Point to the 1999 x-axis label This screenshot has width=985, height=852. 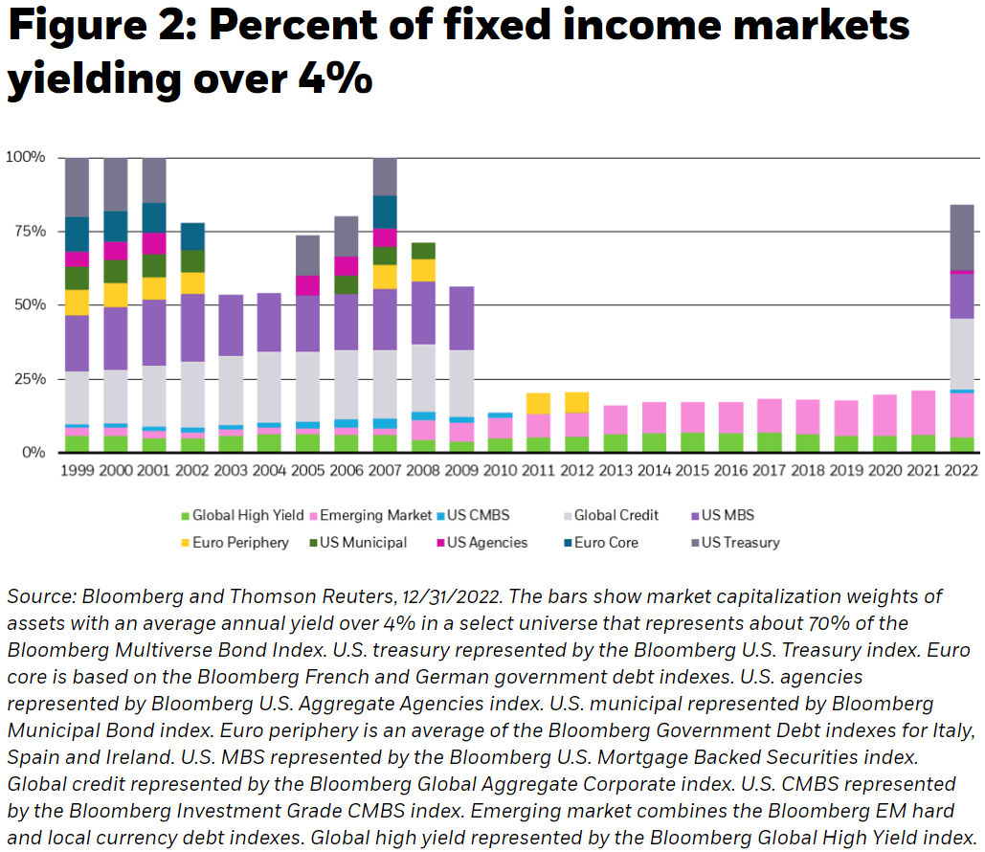pyautogui.click(x=77, y=470)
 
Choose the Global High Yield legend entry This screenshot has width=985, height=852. pyautogui.click(x=246, y=515)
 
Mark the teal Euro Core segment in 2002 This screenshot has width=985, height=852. pyautogui.click(x=193, y=236)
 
